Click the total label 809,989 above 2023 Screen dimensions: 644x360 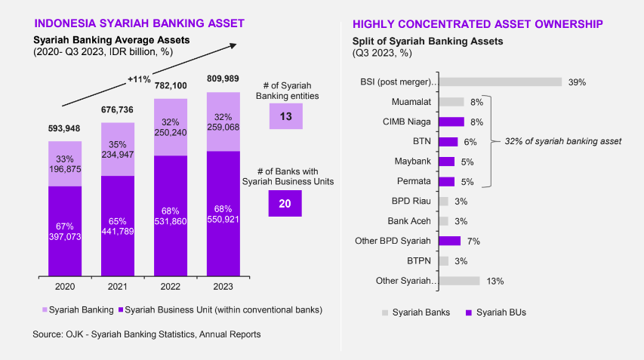pos(223,78)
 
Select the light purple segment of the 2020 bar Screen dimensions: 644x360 pos(65,164)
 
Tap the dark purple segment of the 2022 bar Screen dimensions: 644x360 pos(171,216)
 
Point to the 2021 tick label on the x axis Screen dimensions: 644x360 pos(118,287)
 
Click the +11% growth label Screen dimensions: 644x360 pos(139,79)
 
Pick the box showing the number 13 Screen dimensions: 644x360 pos(286,116)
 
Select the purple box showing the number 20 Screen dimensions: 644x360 pos(285,203)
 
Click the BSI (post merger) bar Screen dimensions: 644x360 pos(501,82)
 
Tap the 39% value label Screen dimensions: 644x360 pos(577,82)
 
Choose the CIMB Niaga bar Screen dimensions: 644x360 pos(451,122)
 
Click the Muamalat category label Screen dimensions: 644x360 pos(411,102)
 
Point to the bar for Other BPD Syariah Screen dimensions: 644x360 pos(449,241)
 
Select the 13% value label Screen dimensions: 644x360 pos(495,282)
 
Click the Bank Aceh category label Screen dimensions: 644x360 pos(409,221)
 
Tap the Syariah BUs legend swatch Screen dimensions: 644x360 pos(469,312)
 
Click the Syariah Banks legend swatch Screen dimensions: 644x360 pos(385,312)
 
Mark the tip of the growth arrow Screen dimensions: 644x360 pos(236,44)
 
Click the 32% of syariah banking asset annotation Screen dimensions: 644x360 pos(563,141)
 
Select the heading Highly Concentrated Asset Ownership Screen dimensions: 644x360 pos(478,24)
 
